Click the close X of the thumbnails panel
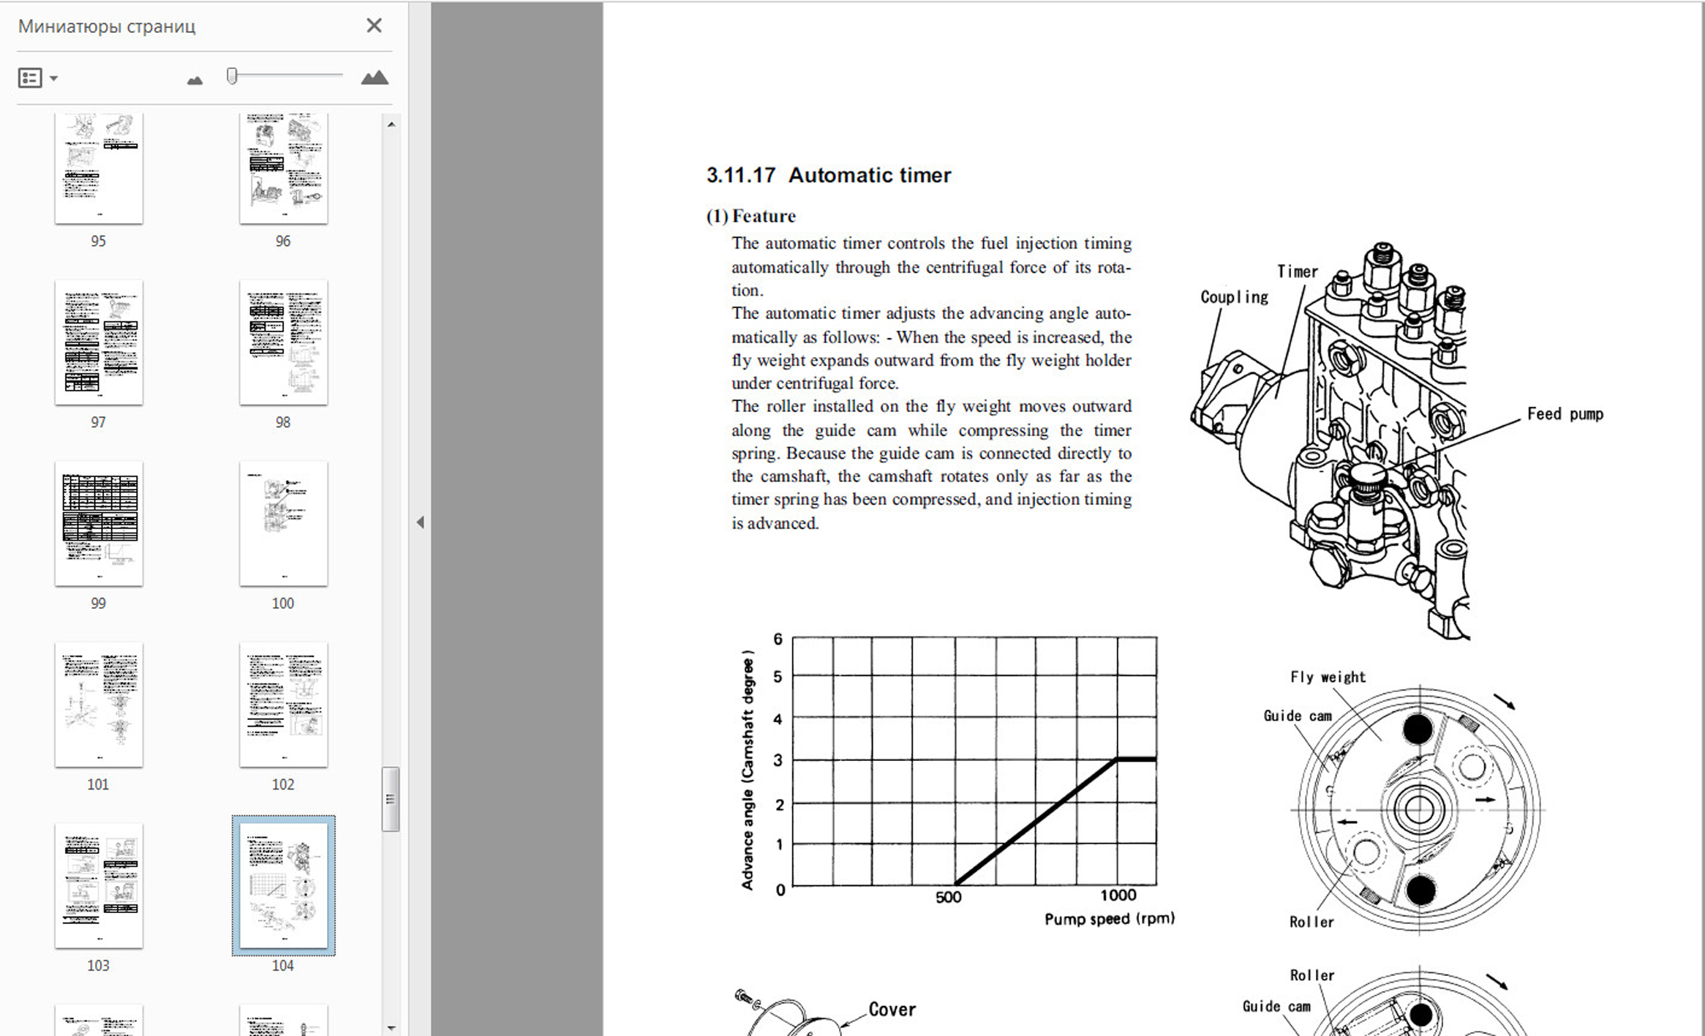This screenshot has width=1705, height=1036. coord(374,26)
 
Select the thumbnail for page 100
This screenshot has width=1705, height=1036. coord(283,523)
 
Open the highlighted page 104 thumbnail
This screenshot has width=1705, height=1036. coord(283,885)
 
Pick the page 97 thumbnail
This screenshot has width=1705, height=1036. coord(99,342)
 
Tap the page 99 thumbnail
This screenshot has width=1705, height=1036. coord(99,523)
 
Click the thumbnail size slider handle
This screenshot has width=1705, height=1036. coord(232,76)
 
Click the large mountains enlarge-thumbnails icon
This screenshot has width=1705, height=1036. coord(375,78)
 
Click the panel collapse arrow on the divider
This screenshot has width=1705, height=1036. coord(420,522)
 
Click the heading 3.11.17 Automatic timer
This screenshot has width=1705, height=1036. coord(828,176)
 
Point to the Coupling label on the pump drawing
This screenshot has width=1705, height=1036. coord(1234,297)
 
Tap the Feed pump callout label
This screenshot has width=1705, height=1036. coord(1565,414)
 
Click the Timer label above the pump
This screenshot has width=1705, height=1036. coord(1297,271)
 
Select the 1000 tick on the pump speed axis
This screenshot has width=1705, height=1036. coord(1118,896)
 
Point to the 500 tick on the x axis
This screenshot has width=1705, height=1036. coord(948,897)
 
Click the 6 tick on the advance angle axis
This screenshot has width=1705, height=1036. coord(778,639)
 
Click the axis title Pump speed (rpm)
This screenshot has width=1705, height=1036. coord(1109,919)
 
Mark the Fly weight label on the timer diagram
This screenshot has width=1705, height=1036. coord(1327,677)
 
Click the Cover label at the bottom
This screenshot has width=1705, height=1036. coord(892,1010)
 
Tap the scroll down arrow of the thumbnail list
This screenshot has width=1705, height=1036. coord(391,1028)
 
